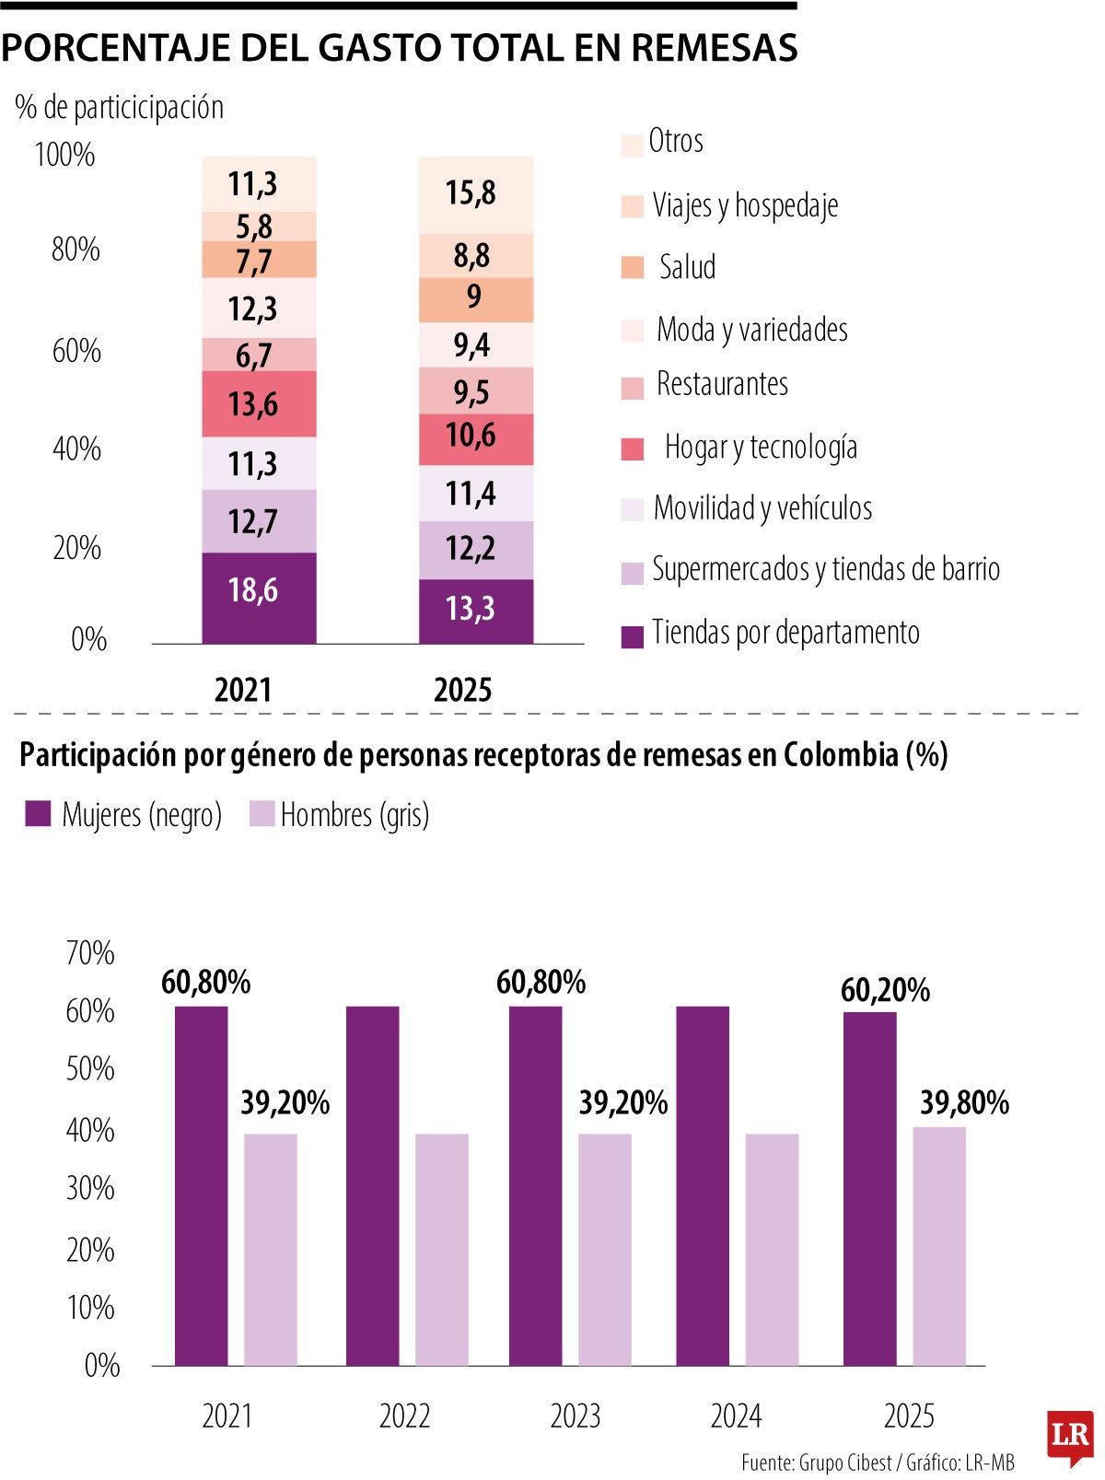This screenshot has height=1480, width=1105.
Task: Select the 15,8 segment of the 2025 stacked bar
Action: click(475, 194)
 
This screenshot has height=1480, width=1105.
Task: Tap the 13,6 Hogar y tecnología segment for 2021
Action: click(259, 403)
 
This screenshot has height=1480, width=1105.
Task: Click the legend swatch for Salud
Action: click(633, 268)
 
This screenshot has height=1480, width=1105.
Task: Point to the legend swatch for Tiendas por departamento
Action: click(633, 636)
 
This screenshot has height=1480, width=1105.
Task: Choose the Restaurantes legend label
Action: click(722, 384)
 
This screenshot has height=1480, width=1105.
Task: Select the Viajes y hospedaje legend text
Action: click(745, 205)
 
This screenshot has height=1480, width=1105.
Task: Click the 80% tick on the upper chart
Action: click(76, 250)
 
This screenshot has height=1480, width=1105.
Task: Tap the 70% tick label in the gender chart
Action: click(90, 953)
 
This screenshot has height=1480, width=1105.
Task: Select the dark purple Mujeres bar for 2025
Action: click(869, 1188)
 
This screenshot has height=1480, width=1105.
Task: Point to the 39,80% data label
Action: click(964, 1102)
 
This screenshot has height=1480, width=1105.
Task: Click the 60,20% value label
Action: click(885, 991)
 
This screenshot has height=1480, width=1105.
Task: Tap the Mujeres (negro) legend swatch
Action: click(38, 814)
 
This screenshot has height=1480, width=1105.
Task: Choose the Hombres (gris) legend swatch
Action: click(262, 814)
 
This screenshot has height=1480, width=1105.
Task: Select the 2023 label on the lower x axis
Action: click(576, 1416)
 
